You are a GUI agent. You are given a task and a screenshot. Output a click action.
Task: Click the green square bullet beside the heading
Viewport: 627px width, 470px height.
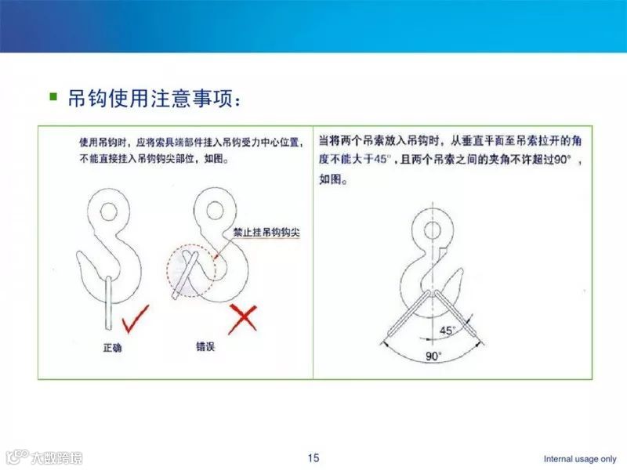tap(53, 97)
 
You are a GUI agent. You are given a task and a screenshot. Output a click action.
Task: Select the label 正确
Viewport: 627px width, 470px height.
tap(111, 345)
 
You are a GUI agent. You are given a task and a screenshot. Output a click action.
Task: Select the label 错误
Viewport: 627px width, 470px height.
tap(205, 345)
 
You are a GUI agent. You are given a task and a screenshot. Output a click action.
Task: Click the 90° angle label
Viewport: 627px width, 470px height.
tap(433, 356)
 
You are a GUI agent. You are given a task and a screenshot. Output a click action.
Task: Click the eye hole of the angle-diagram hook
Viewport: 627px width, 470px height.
tap(431, 230)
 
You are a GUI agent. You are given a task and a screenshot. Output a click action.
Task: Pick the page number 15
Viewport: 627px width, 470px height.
tap(313, 457)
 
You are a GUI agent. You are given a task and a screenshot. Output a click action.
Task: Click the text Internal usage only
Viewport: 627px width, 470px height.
tap(580, 458)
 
